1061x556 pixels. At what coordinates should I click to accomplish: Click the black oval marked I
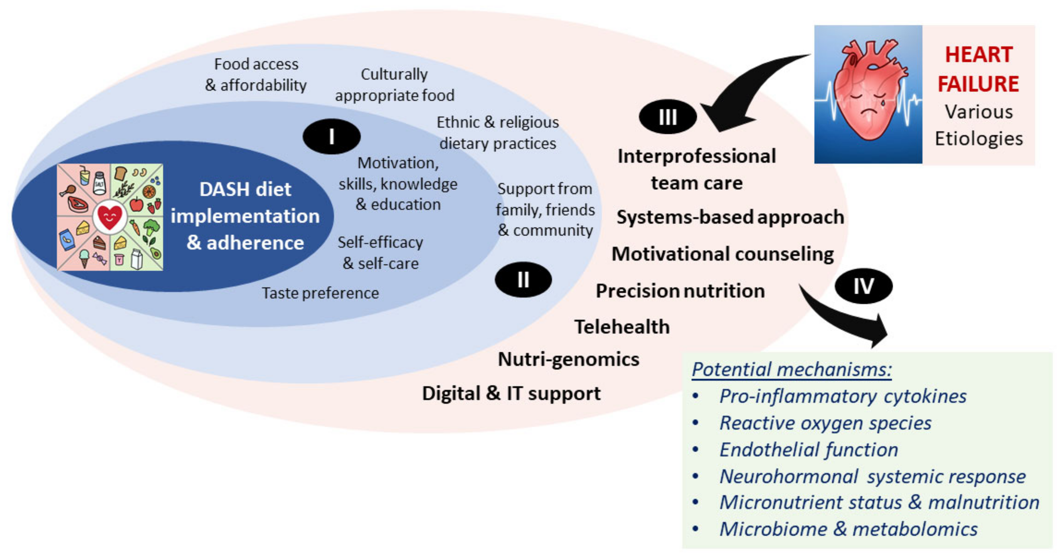pos(332,137)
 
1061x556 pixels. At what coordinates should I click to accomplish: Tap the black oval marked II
pos(523,280)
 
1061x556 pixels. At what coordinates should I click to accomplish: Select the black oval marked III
pos(668,117)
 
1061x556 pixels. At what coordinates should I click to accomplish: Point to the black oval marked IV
pos(863,286)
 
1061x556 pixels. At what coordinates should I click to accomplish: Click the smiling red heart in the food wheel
pos(110,217)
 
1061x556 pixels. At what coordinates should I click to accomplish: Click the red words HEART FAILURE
pos(979,69)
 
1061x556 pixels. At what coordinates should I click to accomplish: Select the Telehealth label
pos(622,327)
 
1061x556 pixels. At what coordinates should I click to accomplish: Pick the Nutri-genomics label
pos(568,359)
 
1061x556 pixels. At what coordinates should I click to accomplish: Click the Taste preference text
pos(320,293)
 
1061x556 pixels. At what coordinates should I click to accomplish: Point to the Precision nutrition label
pos(680,291)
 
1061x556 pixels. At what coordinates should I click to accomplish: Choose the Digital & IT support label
pos(511,394)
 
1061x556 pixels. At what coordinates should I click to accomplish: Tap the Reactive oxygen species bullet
pos(825,423)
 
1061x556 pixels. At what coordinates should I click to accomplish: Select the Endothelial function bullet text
pos(808,449)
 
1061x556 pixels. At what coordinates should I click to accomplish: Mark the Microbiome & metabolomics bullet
pos(848,529)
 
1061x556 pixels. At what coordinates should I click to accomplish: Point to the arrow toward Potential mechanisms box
pos(849,319)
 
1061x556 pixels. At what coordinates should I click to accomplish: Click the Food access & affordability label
pos(256,75)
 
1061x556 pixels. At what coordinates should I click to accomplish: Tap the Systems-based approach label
pos(730,217)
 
